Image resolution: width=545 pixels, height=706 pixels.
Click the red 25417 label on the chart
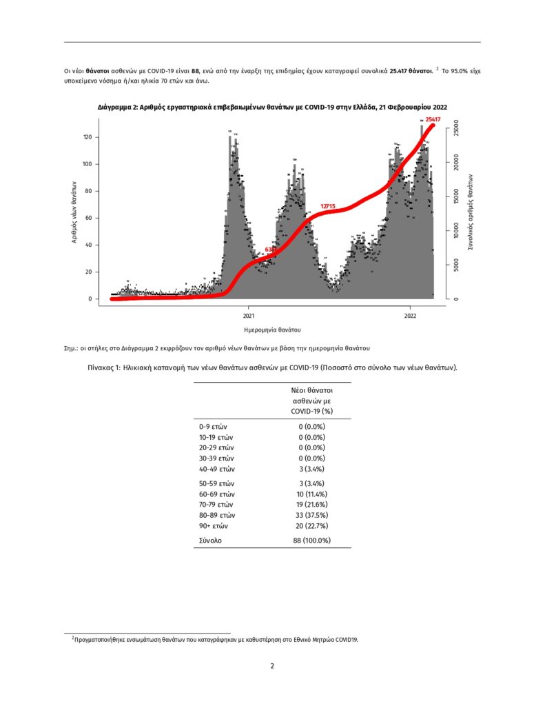click(433, 119)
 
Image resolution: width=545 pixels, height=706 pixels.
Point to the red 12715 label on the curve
click(328, 206)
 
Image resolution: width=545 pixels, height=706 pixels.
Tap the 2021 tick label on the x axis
click(248, 316)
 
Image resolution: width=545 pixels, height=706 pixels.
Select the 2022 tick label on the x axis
click(410, 316)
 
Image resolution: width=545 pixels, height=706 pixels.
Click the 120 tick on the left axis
click(88, 137)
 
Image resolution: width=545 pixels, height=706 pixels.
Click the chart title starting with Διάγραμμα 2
click(272, 106)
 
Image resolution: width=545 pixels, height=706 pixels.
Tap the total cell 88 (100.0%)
click(311, 541)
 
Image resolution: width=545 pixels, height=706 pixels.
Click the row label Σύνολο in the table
click(211, 541)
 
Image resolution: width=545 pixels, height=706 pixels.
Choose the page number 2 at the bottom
click(272, 666)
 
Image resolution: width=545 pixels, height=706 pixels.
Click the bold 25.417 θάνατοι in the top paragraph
click(411, 70)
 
